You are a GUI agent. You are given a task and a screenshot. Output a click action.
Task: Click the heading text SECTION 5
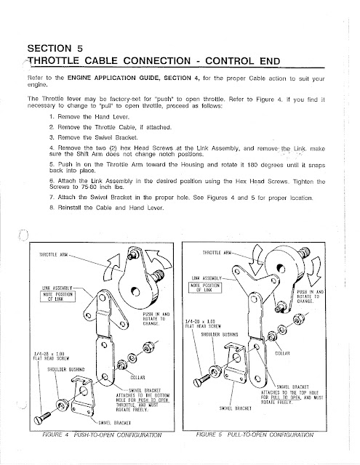[55, 48]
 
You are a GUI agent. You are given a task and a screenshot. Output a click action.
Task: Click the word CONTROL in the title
[229, 61]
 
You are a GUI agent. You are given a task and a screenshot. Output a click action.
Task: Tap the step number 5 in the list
[52, 164]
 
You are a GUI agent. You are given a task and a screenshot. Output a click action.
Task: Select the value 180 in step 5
[252, 165]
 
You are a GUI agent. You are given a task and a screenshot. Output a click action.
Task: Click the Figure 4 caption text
[102, 435]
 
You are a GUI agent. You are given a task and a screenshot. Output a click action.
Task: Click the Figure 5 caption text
[255, 434]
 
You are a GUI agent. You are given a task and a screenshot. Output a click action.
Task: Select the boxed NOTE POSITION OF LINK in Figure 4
[58, 296]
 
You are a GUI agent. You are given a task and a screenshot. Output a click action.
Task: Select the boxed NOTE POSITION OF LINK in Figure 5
[205, 288]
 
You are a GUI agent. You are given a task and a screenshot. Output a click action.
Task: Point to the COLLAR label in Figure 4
[137, 378]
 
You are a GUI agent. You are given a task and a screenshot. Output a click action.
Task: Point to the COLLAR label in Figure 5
[282, 353]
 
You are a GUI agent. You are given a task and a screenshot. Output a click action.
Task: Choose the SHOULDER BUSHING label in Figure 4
[66, 370]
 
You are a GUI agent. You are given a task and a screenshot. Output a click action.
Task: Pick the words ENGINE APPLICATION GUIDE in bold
[114, 78]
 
